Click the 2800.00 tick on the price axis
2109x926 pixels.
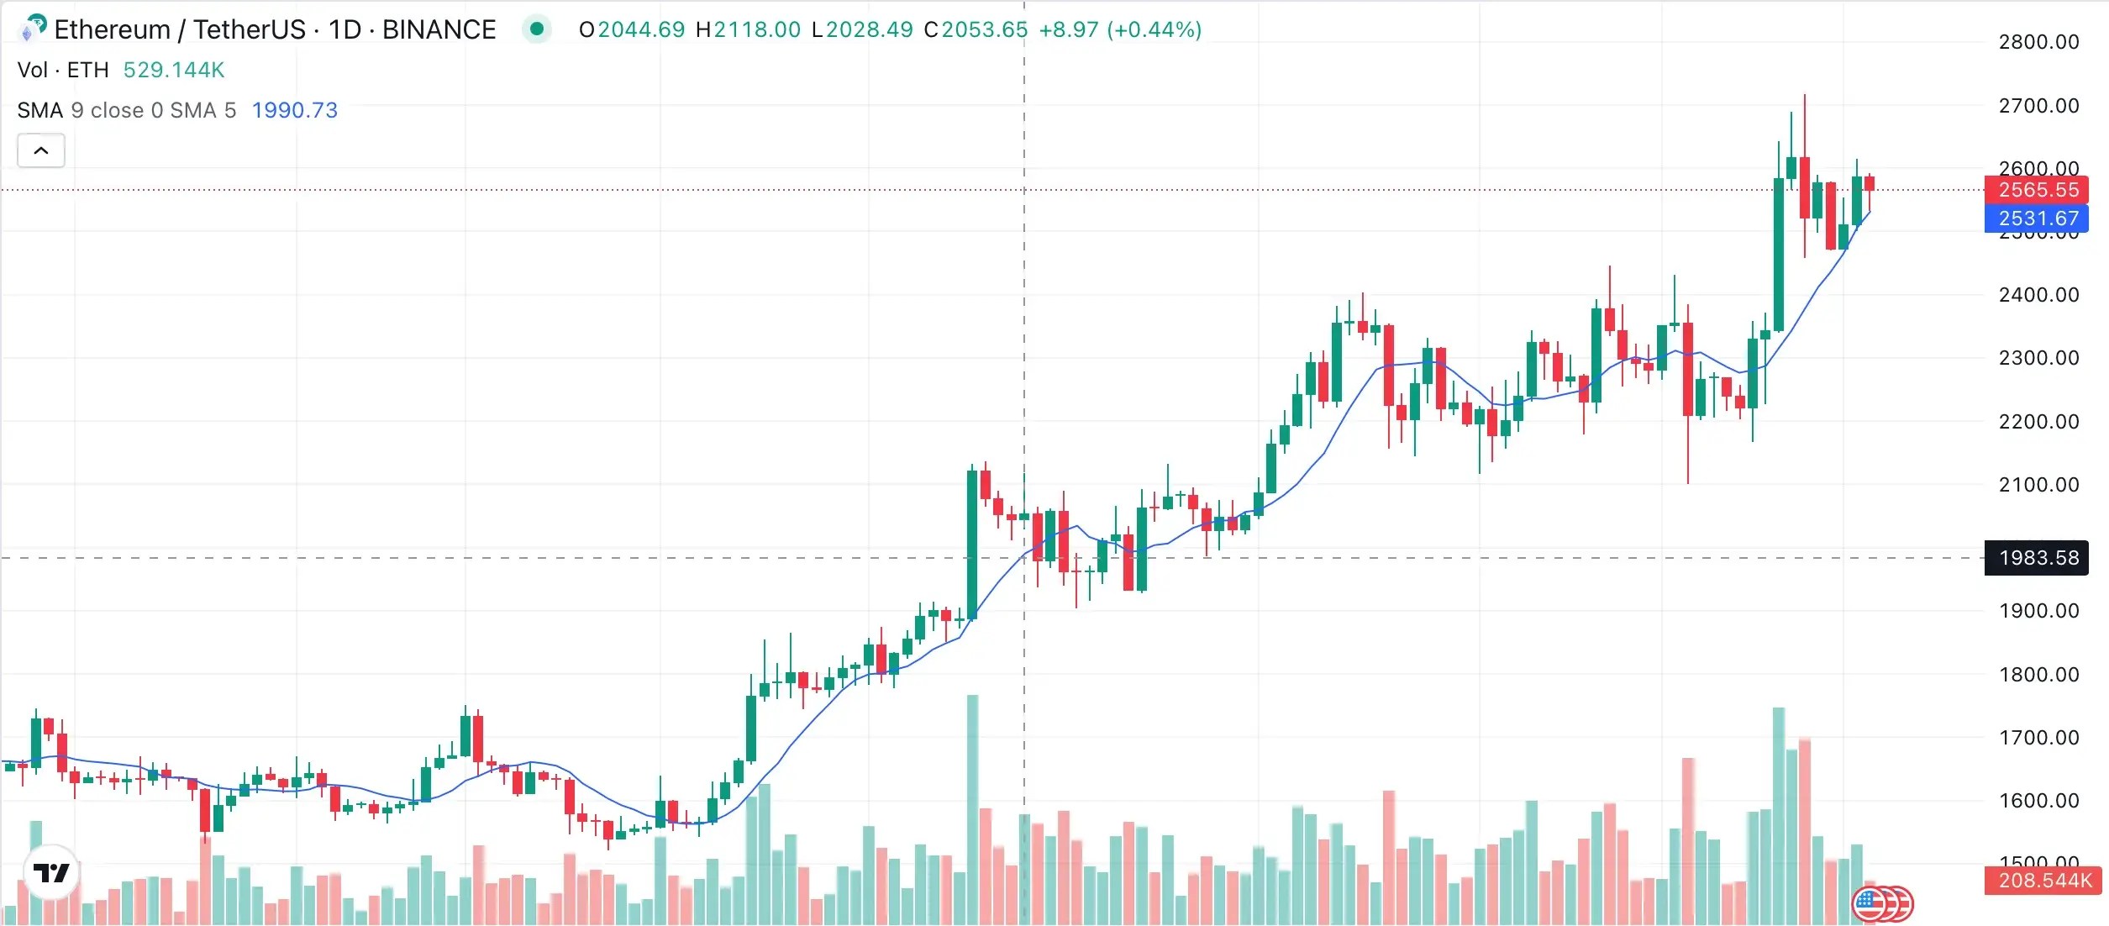click(x=2038, y=42)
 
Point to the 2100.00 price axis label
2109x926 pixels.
click(x=2038, y=485)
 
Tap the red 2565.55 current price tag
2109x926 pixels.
click(x=2038, y=190)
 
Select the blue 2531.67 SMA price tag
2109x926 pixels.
click(x=2038, y=218)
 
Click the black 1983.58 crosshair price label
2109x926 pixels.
click(x=2038, y=558)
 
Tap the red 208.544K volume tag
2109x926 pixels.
click(x=2043, y=881)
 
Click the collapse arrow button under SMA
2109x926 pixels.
click(x=41, y=151)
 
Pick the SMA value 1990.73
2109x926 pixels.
click(x=294, y=110)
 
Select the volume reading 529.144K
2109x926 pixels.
click(x=174, y=70)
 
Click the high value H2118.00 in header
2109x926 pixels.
click(x=748, y=30)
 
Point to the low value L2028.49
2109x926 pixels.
click(x=862, y=30)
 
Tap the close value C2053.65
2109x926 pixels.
click(x=976, y=30)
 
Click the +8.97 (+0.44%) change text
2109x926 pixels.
click(x=1120, y=30)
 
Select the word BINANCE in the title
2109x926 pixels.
click(x=439, y=30)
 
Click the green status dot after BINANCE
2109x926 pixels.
click(x=537, y=30)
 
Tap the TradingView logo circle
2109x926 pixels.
click(x=51, y=873)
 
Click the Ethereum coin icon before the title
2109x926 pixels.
click(x=32, y=29)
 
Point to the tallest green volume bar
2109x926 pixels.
click(x=972, y=807)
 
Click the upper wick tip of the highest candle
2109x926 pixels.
click(x=1804, y=96)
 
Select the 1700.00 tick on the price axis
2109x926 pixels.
click(x=2038, y=738)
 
